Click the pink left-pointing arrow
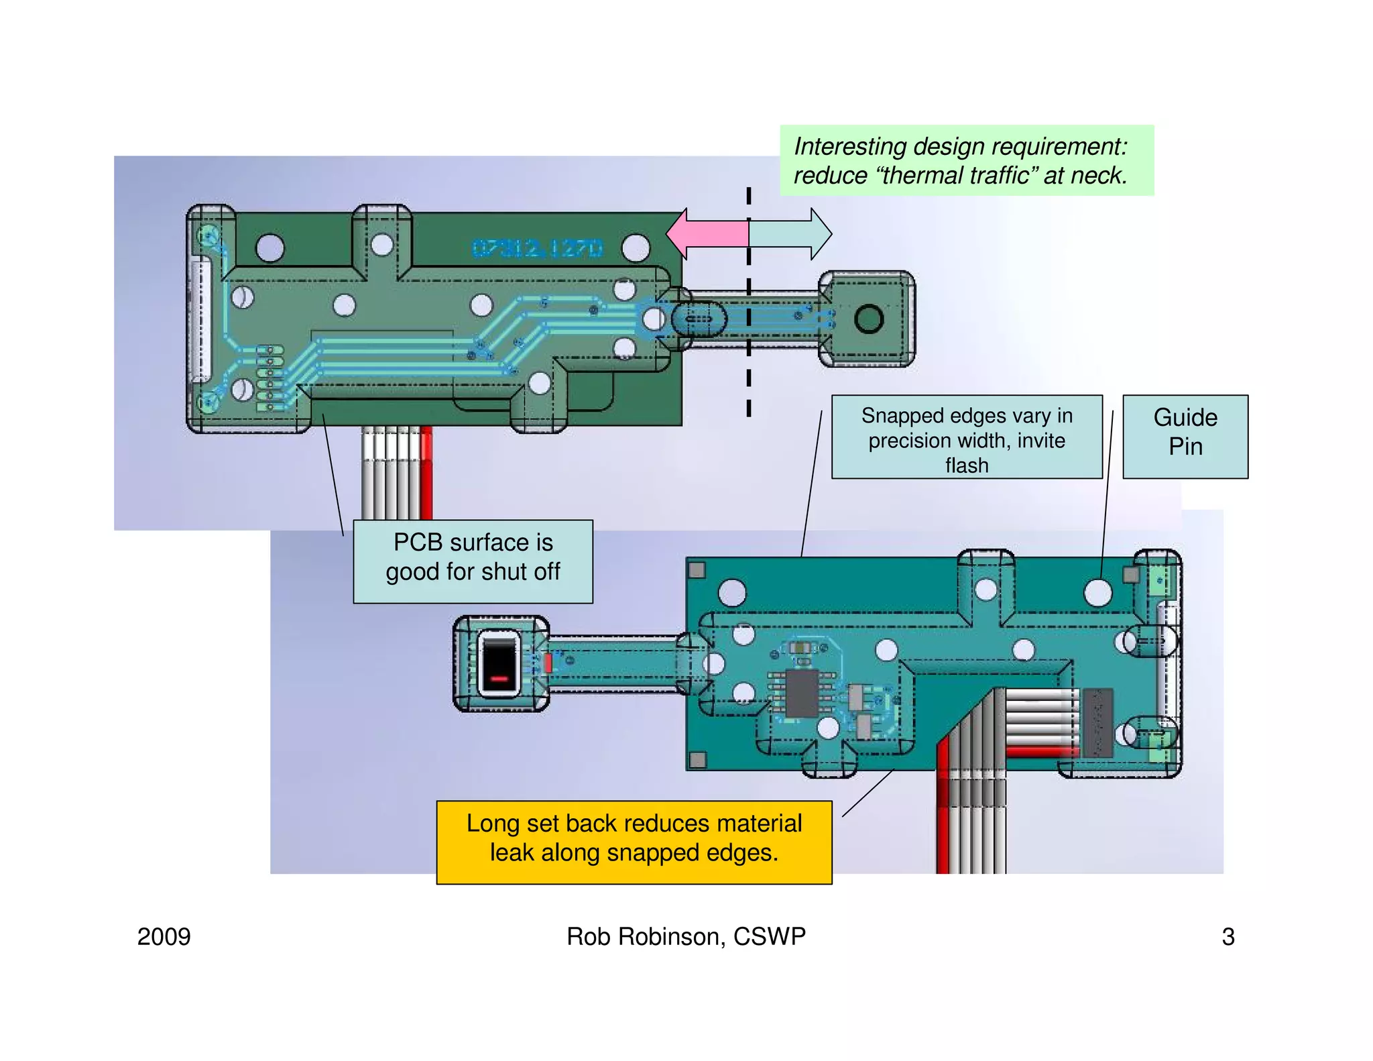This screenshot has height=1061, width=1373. click(707, 234)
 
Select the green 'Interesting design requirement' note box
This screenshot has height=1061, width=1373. click(966, 160)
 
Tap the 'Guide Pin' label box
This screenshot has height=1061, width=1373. click(1185, 436)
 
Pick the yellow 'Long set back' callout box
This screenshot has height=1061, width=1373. click(634, 842)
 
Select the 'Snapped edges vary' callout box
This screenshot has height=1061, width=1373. click(966, 436)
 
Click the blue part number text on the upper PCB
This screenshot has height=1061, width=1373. click(537, 249)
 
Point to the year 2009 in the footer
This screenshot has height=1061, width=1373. click(164, 936)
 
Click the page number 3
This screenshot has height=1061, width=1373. click(1228, 936)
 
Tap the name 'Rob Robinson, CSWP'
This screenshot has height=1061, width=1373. click(686, 936)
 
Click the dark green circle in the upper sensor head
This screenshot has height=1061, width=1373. click(869, 319)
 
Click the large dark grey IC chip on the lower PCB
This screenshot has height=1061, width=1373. click(802, 692)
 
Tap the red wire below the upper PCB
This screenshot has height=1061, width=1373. click(426, 473)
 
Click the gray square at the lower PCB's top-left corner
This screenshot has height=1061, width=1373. click(697, 570)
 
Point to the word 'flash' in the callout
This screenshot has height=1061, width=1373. click(966, 465)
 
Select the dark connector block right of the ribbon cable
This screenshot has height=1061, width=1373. click(1097, 722)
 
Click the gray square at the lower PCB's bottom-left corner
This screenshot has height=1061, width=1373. click(697, 759)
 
